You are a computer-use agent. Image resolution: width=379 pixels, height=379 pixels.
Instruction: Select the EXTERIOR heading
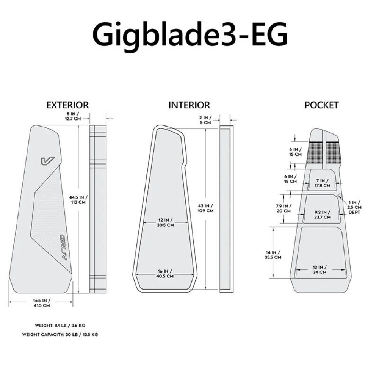(67, 105)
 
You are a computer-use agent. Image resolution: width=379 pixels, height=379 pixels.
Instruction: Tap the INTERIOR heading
(189, 105)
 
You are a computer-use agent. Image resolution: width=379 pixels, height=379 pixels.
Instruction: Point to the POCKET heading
(321, 105)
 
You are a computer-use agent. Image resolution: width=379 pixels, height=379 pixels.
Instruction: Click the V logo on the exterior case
(47, 161)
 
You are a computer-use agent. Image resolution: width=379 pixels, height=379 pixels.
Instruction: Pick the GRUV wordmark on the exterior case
(63, 247)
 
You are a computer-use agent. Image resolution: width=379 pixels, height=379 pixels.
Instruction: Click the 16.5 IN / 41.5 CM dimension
(41, 302)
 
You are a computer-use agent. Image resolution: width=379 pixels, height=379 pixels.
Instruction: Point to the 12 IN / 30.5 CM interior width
(166, 222)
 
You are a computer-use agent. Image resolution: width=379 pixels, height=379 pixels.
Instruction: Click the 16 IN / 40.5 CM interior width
(166, 274)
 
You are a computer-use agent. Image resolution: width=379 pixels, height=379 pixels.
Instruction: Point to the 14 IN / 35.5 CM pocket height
(273, 255)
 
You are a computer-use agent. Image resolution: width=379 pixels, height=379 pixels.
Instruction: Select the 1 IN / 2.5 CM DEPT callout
(354, 207)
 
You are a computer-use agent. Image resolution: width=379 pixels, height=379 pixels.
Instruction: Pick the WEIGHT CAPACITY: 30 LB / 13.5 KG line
(60, 335)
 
